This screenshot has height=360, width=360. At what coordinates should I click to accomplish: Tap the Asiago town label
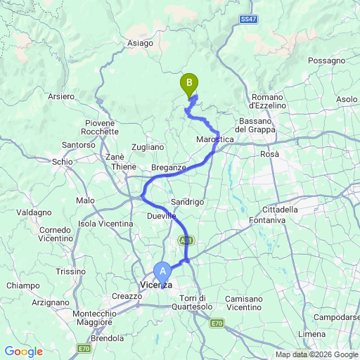[140, 43]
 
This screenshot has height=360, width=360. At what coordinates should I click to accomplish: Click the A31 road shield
[185, 240]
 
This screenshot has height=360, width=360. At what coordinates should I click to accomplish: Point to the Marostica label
[214, 140]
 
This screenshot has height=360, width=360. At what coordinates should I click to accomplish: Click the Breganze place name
[168, 167]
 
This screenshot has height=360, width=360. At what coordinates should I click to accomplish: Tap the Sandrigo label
[188, 201]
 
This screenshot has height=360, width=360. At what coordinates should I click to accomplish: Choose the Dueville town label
[161, 216]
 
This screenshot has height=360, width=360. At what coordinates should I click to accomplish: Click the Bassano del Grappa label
[255, 125]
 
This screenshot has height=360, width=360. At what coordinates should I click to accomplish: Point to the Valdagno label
[34, 212]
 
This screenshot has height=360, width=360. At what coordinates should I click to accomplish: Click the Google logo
[23, 351]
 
